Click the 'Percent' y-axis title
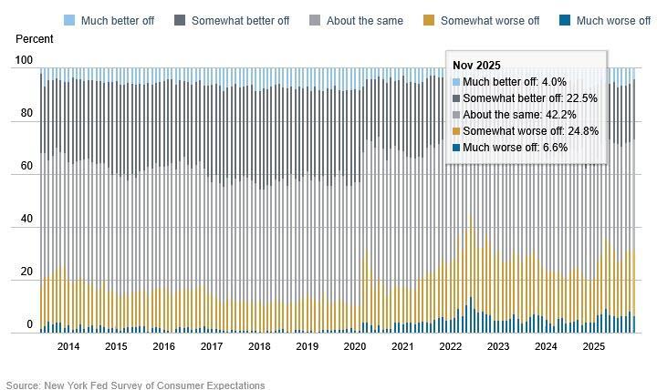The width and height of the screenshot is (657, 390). pos(35,39)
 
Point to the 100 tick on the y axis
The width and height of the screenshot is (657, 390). pos(24,61)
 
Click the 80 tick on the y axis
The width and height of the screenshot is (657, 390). pos(26,114)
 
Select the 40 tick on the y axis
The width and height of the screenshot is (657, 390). pos(26,220)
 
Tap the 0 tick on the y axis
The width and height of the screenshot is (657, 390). pos(29,324)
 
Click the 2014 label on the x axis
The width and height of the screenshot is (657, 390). pos(68,346)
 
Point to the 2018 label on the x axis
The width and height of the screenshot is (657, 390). pos(259,346)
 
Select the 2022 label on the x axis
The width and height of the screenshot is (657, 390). pos(451,346)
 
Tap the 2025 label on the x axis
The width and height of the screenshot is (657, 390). pos(594,346)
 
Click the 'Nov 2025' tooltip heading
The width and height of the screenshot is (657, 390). pos(476,66)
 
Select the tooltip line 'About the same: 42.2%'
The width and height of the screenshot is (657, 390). pos(518,115)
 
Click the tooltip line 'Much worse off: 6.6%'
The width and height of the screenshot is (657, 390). pos(515,148)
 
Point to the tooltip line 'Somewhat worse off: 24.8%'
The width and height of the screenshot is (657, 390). pos(530,131)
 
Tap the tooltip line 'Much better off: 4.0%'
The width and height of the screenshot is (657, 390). pos(514,82)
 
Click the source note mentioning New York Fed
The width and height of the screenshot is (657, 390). pos(135,385)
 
